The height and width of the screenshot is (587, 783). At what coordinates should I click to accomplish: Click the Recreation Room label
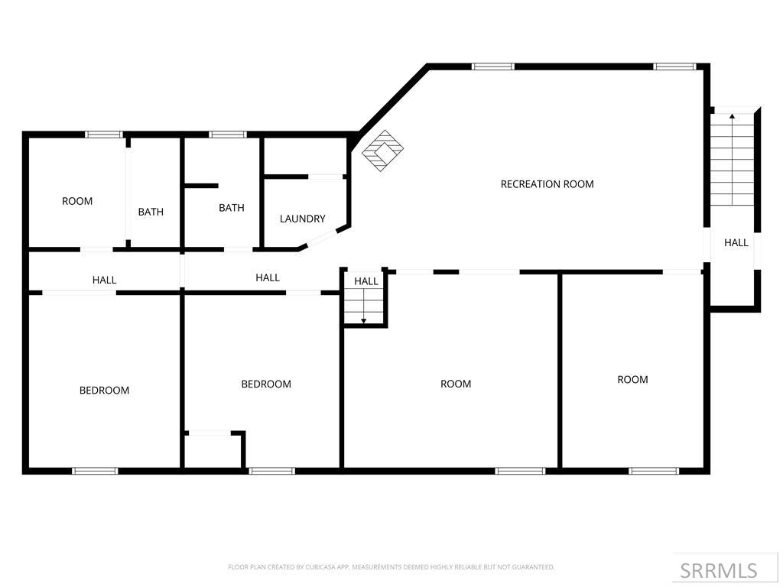tap(547, 184)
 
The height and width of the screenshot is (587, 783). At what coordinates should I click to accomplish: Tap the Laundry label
tap(302, 219)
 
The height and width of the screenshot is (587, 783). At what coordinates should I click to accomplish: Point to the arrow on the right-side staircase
tap(732, 117)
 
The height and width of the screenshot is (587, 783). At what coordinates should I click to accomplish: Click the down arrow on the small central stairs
tap(364, 319)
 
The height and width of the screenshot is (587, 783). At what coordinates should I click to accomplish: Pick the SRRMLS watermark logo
tap(718, 570)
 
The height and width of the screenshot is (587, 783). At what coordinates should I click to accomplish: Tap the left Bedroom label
tap(104, 391)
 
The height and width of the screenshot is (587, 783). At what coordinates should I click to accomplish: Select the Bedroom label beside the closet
tap(266, 384)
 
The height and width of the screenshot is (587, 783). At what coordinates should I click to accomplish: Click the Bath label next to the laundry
tap(232, 208)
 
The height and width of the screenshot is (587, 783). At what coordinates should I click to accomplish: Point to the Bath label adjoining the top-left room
tap(151, 212)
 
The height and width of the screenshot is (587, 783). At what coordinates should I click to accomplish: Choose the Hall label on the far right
tap(736, 243)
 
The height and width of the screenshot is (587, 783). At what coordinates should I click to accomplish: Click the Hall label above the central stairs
tap(366, 281)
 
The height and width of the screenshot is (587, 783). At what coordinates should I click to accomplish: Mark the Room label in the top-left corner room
tap(77, 201)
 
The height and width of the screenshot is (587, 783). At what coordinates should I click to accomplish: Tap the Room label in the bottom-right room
tap(632, 380)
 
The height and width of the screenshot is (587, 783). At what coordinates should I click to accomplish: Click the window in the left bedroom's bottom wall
tap(95, 471)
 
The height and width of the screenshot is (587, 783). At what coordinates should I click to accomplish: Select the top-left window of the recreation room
tap(493, 66)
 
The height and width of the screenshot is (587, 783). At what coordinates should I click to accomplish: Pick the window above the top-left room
tap(104, 135)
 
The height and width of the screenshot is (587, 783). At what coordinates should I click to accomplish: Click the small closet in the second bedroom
tap(213, 451)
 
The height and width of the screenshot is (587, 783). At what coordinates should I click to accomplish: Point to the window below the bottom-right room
tap(654, 471)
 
